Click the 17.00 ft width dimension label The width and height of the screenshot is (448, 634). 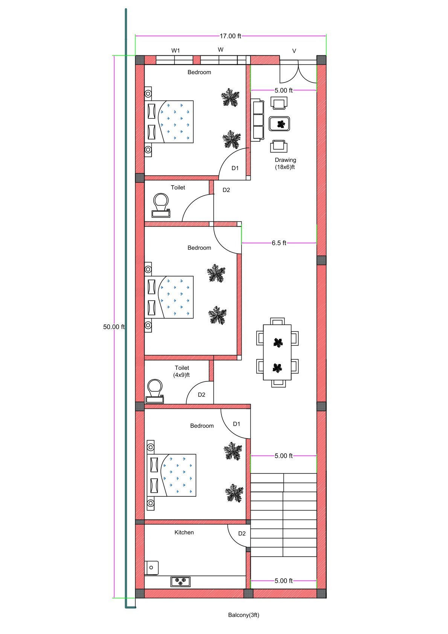(230, 36)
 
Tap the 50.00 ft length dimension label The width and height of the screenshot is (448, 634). (114, 327)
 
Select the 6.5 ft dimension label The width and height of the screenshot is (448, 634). (279, 243)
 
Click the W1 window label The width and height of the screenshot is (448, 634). (176, 50)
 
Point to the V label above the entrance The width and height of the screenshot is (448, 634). (294, 51)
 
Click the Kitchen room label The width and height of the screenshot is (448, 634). (184, 532)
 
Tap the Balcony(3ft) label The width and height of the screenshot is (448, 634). (244, 615)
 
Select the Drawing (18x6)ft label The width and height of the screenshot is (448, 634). (285, 163)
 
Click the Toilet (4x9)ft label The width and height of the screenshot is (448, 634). (181, 371)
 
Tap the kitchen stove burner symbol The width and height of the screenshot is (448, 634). (181, 582)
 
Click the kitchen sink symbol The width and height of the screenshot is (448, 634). (151, 567)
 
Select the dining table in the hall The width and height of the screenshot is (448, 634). (277, 352)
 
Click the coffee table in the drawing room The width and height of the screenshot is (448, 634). (279, 123)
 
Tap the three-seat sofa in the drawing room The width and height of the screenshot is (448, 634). (258, 120)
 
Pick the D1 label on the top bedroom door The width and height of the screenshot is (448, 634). (235, 168)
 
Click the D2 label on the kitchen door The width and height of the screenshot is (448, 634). (242, 533)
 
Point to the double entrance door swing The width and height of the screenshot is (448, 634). (298, 72)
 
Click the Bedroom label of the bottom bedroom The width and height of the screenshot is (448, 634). (202, 426)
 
